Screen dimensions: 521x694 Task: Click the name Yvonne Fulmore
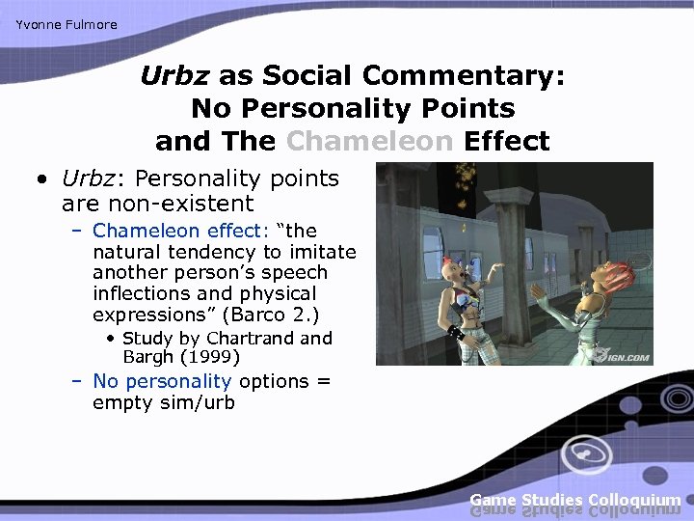click(x=67, y=24)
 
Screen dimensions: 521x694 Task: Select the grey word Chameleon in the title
click(x=369, y=141)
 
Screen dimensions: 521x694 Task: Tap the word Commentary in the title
click(x=465, y=76)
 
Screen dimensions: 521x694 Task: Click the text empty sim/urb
click(x=163, y=402)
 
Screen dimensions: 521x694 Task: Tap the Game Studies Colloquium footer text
click(x=575, y=500)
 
